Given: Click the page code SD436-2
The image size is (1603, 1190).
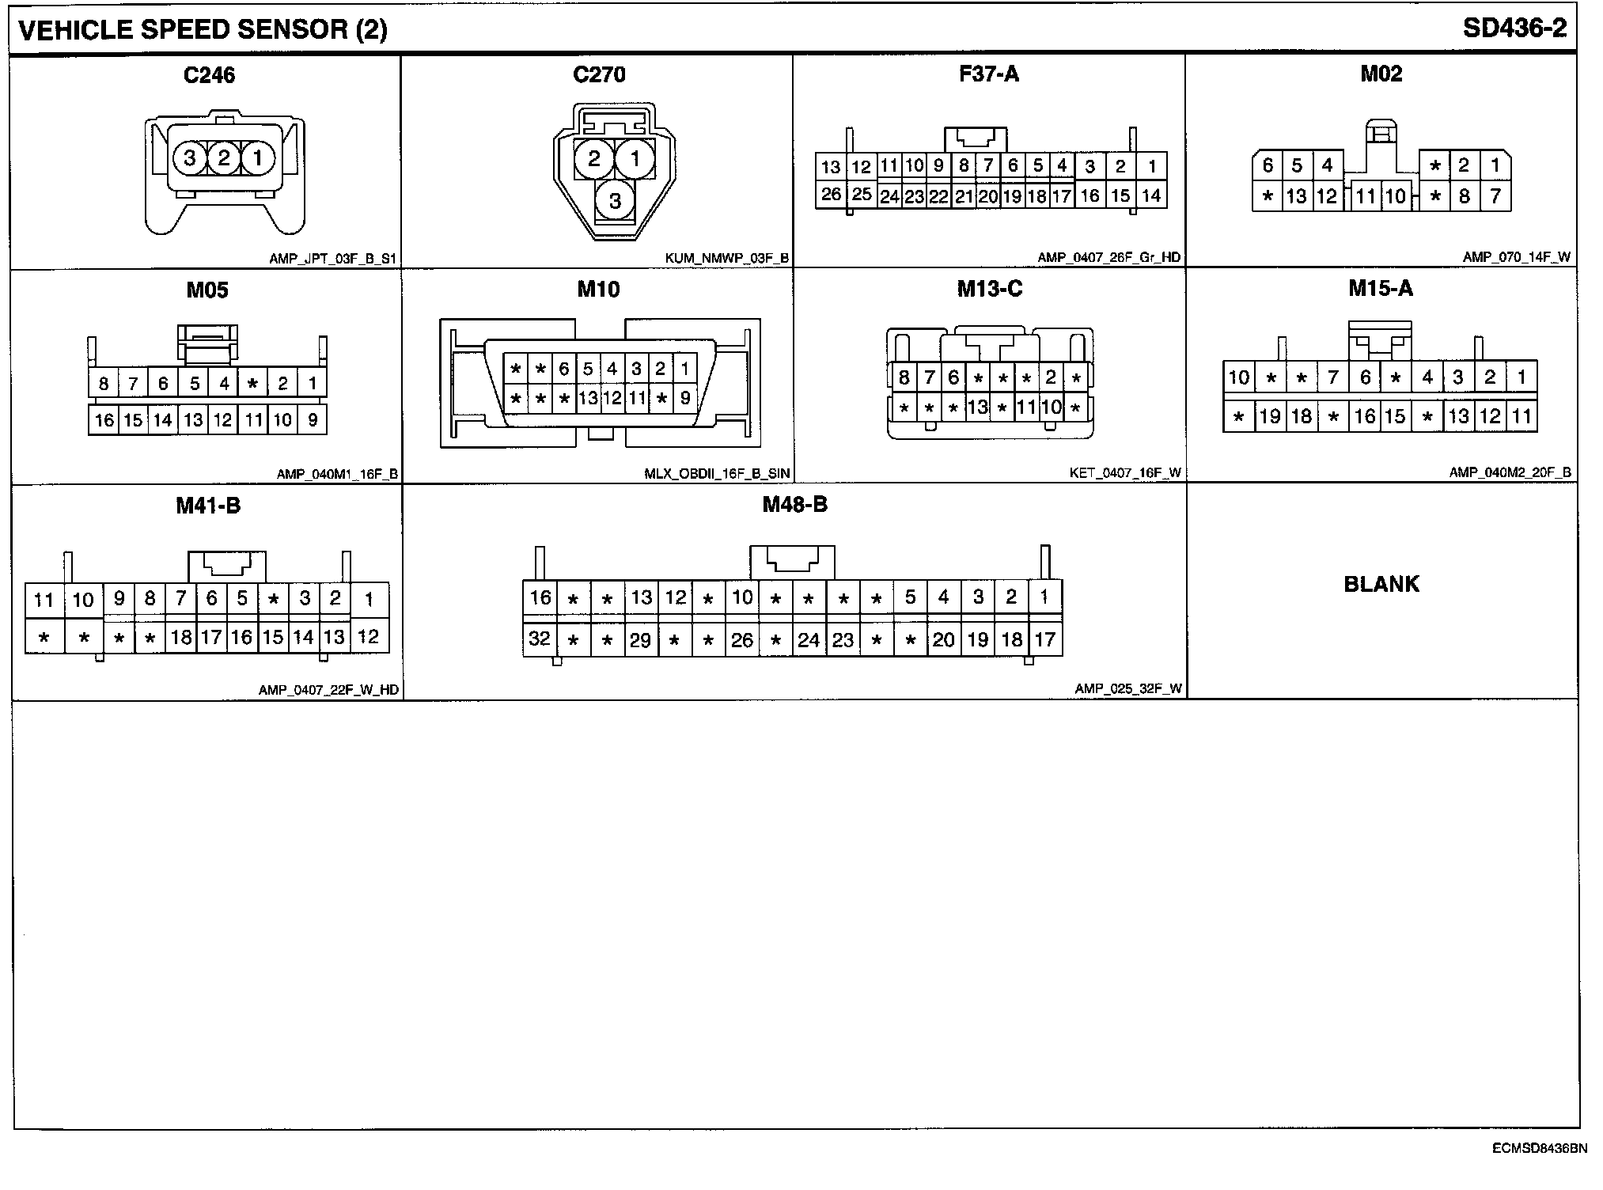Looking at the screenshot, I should (1514, 28).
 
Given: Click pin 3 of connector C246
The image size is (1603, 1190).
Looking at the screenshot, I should (190, 158).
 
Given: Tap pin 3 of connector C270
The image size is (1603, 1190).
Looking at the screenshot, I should (615, 201).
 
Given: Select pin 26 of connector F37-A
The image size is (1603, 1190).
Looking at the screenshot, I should (830, 195).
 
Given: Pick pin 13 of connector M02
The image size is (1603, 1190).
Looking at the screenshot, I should (1296, 196).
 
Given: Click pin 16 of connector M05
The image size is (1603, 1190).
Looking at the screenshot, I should (104, 420).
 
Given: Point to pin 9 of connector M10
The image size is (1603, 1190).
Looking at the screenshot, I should (685, 399).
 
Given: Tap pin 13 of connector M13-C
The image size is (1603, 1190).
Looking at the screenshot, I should (978, 408).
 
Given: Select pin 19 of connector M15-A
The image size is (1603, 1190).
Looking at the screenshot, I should (1270, 417).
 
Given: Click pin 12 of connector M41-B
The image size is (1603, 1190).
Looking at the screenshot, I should (368, 637).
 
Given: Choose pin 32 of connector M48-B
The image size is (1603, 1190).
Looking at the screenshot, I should (540, 639).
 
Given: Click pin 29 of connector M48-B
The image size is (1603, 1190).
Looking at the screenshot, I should (640, 640).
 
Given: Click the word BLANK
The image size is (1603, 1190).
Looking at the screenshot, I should (1381, 585).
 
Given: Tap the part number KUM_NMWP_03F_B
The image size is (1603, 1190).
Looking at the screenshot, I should (727, 259).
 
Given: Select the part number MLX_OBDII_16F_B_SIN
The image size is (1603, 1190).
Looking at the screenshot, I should (717, 474).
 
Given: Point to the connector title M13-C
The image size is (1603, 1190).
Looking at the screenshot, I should (989, 290).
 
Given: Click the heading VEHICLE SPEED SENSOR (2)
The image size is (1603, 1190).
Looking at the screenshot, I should (203, 30).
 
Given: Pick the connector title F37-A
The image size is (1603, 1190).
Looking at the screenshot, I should (989, 74).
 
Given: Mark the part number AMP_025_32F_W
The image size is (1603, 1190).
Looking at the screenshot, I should (1127, 689).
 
